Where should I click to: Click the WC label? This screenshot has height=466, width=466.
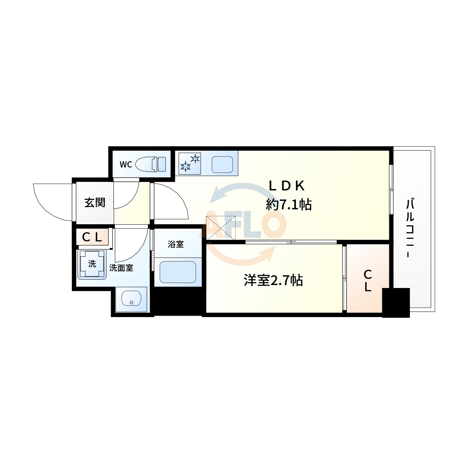(x=126, y=165)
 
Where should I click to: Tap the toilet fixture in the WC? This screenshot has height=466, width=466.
(x=151, y=164)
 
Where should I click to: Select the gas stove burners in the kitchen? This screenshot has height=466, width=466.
(x=190, y=163)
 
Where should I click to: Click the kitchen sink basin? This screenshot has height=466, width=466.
(x=222, y=165)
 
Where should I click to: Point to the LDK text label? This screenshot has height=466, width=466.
(x=287, y=186)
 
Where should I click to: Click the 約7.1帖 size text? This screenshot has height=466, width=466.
(x=289, y=205)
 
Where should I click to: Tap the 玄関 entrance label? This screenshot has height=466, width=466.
(x=95, y=202)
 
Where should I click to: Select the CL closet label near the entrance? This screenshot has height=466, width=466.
(x=92, y=237)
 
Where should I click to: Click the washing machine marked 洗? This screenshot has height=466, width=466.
(x=92, y=264)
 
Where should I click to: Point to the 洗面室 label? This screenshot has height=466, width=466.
(x=121, y=268)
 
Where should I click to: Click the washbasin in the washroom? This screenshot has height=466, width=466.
(x=131, y=299)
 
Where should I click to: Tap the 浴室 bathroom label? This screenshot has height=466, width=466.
(x=175, y=244)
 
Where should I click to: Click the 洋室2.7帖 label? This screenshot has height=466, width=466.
(x=273, y=281)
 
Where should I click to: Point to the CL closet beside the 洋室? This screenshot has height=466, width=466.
(x=368, y=281)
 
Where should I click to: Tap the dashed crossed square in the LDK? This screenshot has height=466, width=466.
(x=221, y=228)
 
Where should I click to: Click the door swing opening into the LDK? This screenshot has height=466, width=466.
(x=171, y=202)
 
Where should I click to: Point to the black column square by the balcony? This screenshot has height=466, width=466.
(x=396, y=303)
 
